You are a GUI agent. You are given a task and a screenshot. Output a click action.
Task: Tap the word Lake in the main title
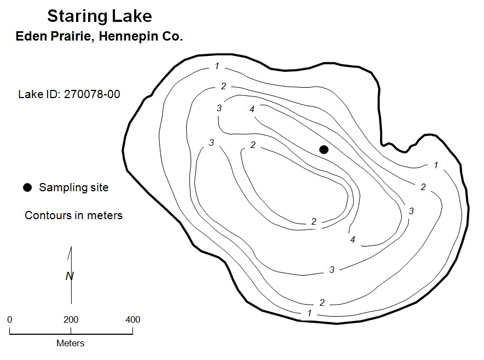(132, 16)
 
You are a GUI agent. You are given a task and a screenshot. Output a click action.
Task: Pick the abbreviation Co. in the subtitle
(172, 36)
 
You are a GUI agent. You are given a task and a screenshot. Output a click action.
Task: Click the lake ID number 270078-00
(92, 94)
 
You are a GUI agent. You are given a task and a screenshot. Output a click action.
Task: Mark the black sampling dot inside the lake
(324, 150)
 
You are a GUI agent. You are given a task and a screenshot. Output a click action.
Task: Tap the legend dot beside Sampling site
(27, 187)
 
